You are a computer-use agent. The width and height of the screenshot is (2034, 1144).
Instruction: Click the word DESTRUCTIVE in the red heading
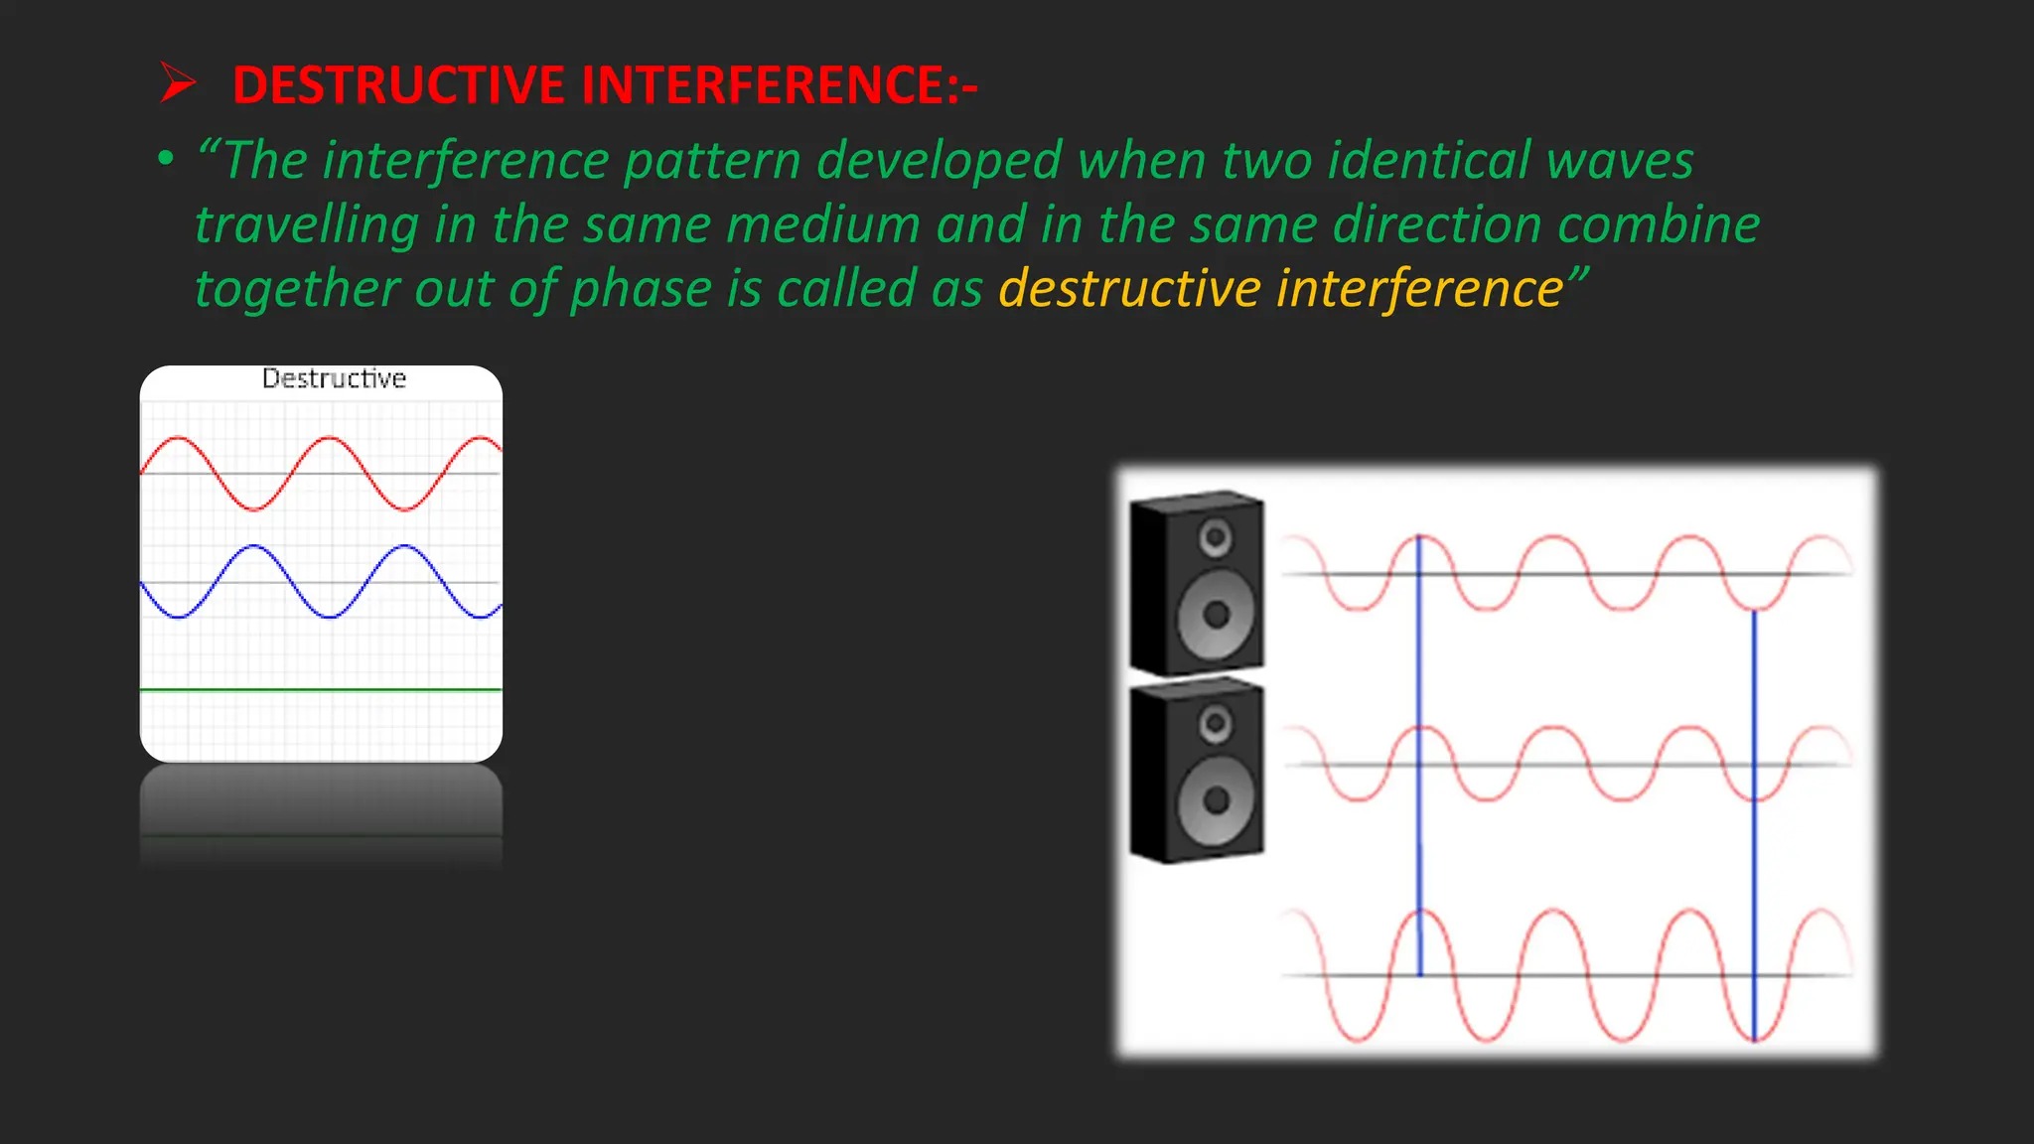tap(398, 84)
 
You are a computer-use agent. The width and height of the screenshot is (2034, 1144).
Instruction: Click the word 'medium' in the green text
tap(822, 224)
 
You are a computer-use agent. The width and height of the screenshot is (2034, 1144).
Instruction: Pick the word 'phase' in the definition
tap(641, 289)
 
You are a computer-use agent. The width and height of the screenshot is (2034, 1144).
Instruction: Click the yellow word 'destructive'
tap(1128, 289)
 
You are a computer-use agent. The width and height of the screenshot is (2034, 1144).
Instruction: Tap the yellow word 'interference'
tap(1420, 289)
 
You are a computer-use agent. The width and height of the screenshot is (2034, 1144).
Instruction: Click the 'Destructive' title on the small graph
tap(334, 378)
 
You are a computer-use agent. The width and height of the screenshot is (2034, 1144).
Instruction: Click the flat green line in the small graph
tap(321, 689)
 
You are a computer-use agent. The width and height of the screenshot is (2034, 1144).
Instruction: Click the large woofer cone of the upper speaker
tap(1216, 614)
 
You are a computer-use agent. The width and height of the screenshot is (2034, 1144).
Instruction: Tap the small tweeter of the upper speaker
tap(1215, 537)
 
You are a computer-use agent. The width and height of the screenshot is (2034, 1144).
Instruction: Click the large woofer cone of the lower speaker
tap(1216, 799)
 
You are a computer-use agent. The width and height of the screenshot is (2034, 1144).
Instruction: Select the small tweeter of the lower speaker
tap(1215, 723)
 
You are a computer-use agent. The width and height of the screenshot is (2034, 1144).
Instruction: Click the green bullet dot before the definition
tap(166, 159)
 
